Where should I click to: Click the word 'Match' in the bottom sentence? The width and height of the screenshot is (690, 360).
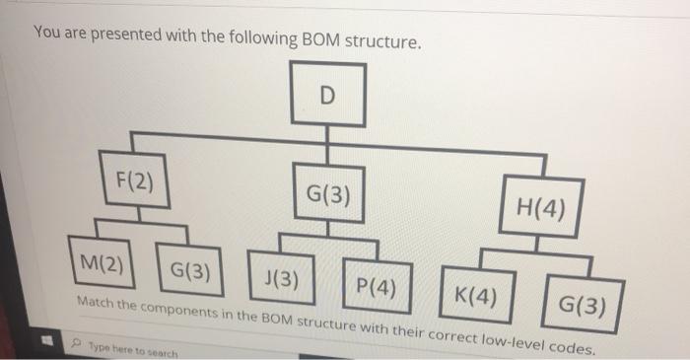(x=93, y=299)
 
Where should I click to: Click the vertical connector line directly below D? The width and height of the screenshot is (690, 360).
(x=327, y=142)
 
